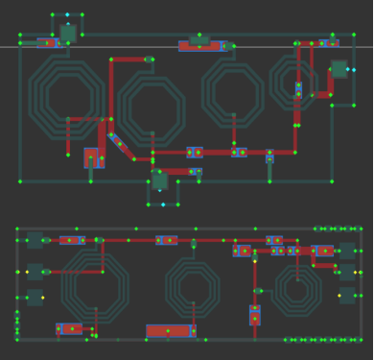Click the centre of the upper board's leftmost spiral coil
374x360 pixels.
point(66,94)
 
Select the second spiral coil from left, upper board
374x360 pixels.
point(152,108)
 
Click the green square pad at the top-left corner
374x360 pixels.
point(67,33)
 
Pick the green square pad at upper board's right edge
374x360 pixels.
point(339,69)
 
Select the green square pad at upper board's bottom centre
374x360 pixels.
point(159,180)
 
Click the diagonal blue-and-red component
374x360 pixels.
point(121,144)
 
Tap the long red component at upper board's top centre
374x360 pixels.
point(200,45)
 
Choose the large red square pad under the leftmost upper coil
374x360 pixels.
point(93,156)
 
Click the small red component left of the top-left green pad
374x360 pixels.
point(46,42)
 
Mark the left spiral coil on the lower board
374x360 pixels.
point(94,285)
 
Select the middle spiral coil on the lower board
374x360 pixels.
point(193,287)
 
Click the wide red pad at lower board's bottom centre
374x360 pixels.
point(170,331)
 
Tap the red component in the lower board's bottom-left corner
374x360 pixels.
point(69,328)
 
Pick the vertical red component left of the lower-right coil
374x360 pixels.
point(255,314)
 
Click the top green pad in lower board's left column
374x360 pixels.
point(35,241)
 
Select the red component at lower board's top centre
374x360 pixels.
point(167,240)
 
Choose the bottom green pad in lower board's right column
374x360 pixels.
point(346,295)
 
